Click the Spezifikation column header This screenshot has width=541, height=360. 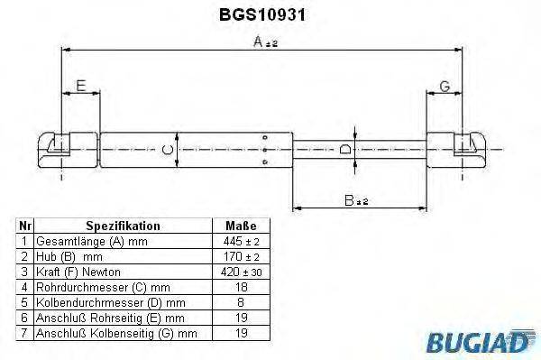[123, 226]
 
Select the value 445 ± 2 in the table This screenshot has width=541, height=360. [240, 242]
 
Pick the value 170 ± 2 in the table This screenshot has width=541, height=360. [240, 256]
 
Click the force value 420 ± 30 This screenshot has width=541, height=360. [240, 271]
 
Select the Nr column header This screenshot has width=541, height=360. [25, 226]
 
